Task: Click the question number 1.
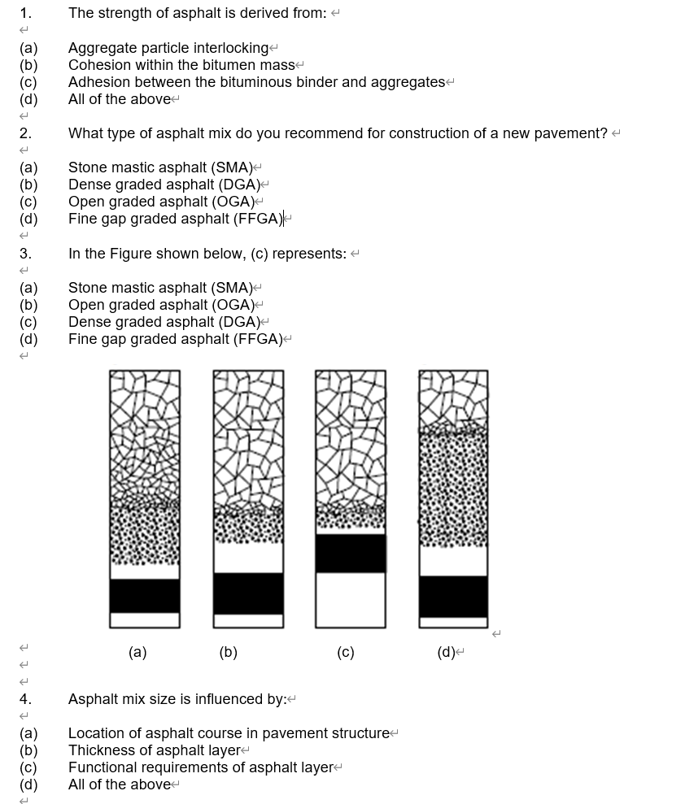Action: pyautogui.click(x=25, y=13)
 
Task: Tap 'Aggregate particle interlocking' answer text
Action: pyautogui.click(x=168, y=48)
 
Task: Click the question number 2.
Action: pyautogui.click(x=25, y=133)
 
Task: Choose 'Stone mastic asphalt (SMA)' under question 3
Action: pyautogui.click(x=160, y=288)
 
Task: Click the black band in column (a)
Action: pyautogui.click(x=145, y=595)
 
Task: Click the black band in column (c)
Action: pyautogui.click(x=351, y=553)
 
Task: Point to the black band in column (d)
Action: pyautogui.click(x=454, y=596)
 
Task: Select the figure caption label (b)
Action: pyautogui.click(x=229, y=652)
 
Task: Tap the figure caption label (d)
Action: pyautogui.click(x=446, y=652)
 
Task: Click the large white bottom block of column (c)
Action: pyautogui.click(x=351, y=599)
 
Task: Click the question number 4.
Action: pyautogui.click(x=25, y=699)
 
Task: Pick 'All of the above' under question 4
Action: pyautogui.click(x=120, y=784)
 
